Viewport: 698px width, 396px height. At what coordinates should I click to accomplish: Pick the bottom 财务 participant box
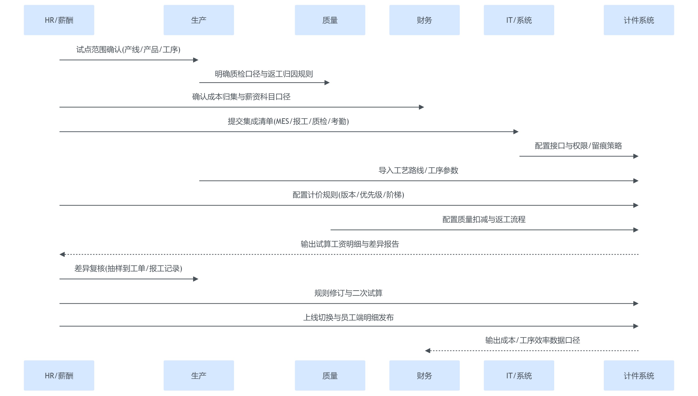(x=424, y=375)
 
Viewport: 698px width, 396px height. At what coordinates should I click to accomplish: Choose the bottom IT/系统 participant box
(x=519, y=375)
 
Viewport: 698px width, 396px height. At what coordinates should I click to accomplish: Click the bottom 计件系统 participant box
(x=638, y=375)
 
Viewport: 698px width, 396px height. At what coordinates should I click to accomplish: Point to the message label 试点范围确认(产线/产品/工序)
(x=128, y=50)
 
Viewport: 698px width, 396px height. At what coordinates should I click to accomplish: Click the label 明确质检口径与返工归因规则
(x=264, y=74)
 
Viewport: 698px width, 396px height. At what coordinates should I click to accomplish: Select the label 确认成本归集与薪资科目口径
(x=241, y=97)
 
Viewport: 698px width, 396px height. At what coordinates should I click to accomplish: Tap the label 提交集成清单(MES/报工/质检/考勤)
(x=288, y=121)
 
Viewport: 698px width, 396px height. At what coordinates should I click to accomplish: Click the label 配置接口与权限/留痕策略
(x=578, y=146)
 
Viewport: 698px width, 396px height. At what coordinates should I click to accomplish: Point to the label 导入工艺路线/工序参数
(x=418, y=171)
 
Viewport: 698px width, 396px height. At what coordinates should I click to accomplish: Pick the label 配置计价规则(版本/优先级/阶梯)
(x=348, y=195)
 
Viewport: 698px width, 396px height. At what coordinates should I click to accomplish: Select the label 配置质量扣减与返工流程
(x=484, y=219)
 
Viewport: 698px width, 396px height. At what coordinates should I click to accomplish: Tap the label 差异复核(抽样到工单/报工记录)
(x=128, y=269)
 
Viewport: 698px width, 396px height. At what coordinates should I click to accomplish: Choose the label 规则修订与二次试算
(x=348, y=293)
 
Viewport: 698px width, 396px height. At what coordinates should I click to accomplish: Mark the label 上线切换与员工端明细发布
(x=348, y=318)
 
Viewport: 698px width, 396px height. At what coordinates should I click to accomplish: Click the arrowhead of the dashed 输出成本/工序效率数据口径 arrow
(x=428, y=351)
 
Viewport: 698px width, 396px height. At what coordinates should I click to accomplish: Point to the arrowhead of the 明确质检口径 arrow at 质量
(x=327, y=82)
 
